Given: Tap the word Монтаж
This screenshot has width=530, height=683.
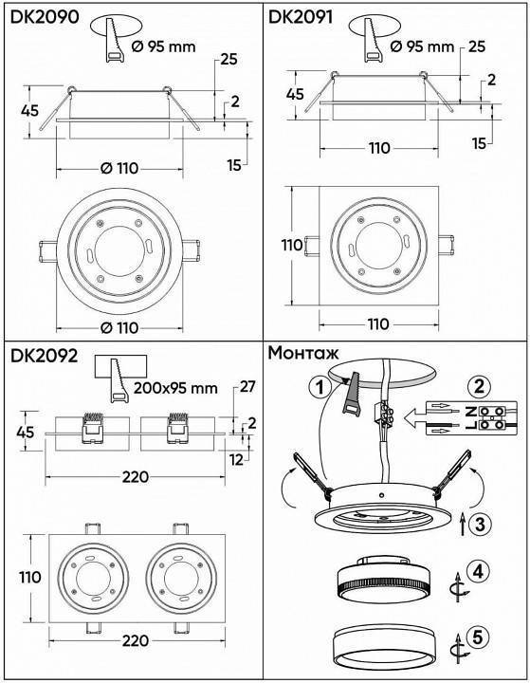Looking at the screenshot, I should point(304,353).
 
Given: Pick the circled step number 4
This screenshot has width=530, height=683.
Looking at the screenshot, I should point(481,572).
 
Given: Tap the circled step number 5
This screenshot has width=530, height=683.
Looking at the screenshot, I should point(481,638).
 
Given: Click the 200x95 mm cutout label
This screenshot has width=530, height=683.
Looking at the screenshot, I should point(174,388).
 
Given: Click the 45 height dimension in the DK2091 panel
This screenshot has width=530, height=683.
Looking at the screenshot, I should point(295,95).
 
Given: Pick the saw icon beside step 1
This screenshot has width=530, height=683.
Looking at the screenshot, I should point(352,391).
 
